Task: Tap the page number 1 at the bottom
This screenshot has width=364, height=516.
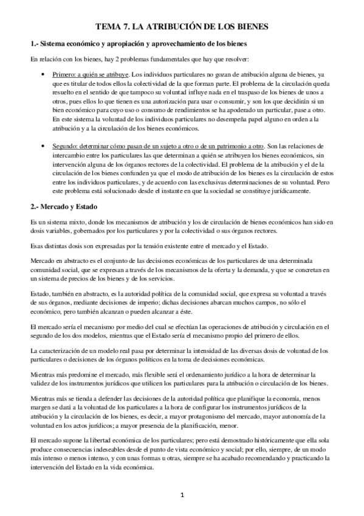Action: (182, 495)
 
